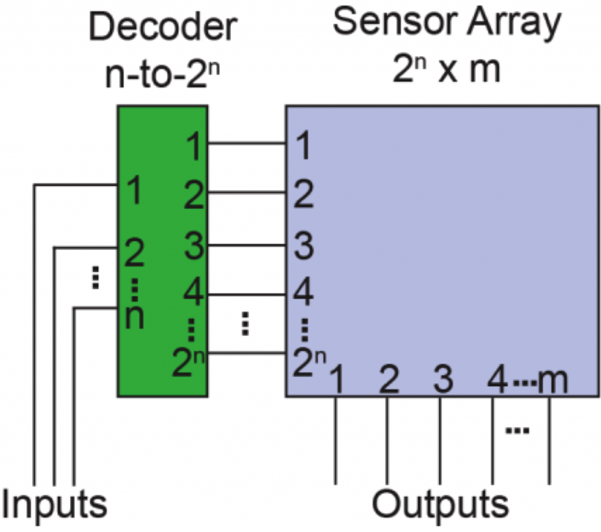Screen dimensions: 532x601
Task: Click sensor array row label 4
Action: pyautogui.click(x=302, y=291)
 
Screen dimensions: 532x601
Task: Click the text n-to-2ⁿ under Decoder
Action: pyautogui.click(x=163, y=75)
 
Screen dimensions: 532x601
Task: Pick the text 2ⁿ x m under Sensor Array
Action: pyautogui.click(x=447, y=69)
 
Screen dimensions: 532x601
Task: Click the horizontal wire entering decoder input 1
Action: pyautogui.click(x=76, y=185)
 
